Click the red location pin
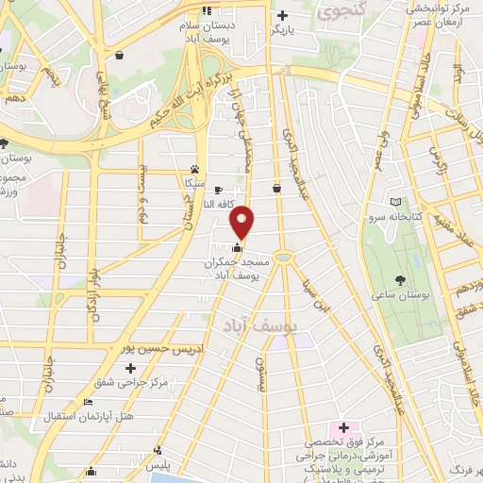pyautogui.click(x=242, y=222)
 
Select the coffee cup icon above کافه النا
pyautogui.click(x=218, y=189)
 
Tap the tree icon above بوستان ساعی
pyautogui.click(x=402, y=279)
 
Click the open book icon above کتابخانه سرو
pyautogui.click(x=394, y=202)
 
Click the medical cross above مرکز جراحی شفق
pyautogui.click(x=131, y=367)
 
